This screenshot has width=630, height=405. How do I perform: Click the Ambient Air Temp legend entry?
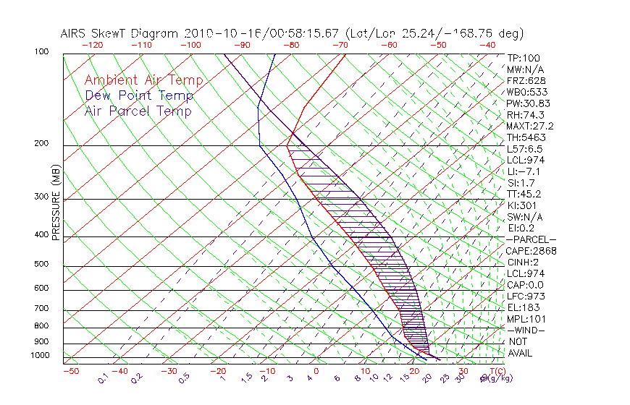[143, 80]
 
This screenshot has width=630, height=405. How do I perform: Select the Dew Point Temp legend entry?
[139, 95]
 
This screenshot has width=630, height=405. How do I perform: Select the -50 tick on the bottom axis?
[70, 371]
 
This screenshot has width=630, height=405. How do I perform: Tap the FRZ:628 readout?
[523, 81]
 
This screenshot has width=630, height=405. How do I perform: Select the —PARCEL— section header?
[531, 239]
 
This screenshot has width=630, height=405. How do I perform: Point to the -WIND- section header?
[525, 330]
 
